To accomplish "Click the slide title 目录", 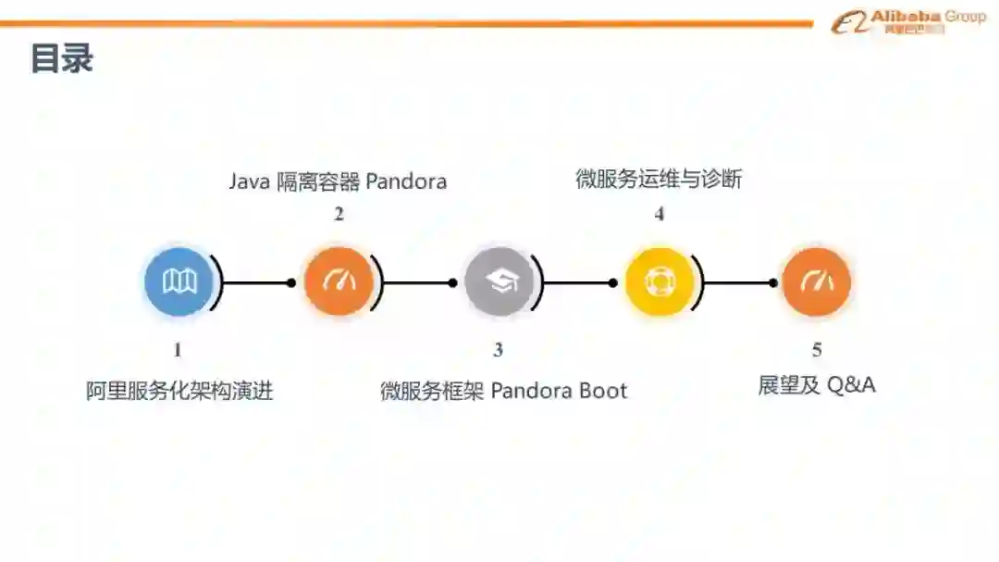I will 62,58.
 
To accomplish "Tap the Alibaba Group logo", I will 907,21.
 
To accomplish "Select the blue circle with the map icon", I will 179,281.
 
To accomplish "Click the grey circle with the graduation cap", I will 499,281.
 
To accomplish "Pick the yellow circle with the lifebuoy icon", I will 660,281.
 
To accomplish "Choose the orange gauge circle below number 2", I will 339,281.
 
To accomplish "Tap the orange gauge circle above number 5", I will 817,281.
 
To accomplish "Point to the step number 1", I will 178,350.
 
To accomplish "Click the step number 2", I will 339,214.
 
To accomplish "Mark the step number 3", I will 499,350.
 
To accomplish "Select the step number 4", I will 660,214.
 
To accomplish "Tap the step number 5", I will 817,350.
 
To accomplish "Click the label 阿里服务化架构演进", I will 179,391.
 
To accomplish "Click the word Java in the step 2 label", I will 250,181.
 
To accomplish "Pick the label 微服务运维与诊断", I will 659,180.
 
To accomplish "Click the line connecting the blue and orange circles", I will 257,282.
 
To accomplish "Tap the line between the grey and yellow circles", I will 578,282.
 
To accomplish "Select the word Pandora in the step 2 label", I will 406,181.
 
